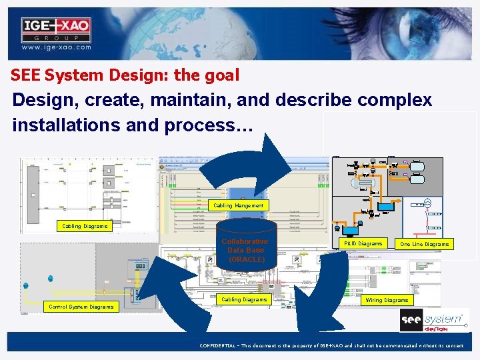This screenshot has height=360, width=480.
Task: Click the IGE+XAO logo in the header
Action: pos(56,29)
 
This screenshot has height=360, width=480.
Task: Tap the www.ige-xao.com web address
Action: pos(56,48)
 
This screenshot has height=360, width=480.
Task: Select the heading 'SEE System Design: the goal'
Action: pos(125,75)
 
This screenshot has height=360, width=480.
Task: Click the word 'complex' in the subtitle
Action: pos(395,101)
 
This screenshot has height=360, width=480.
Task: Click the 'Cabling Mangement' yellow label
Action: pos(239,205)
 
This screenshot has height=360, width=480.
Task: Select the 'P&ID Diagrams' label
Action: pos(363,244)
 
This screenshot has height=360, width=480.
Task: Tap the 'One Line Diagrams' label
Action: pos(424,245)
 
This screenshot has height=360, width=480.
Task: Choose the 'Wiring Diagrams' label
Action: pos(387,300)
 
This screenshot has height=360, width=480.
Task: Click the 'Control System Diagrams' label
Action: pos(81,307)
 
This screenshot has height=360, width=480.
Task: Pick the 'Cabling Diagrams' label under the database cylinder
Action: pos(244,300)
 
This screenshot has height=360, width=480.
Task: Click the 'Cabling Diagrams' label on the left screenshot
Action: pos(85,226)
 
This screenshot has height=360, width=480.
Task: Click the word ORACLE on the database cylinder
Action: pos(246,259)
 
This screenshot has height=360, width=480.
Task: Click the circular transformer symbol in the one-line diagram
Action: pos(428,204)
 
